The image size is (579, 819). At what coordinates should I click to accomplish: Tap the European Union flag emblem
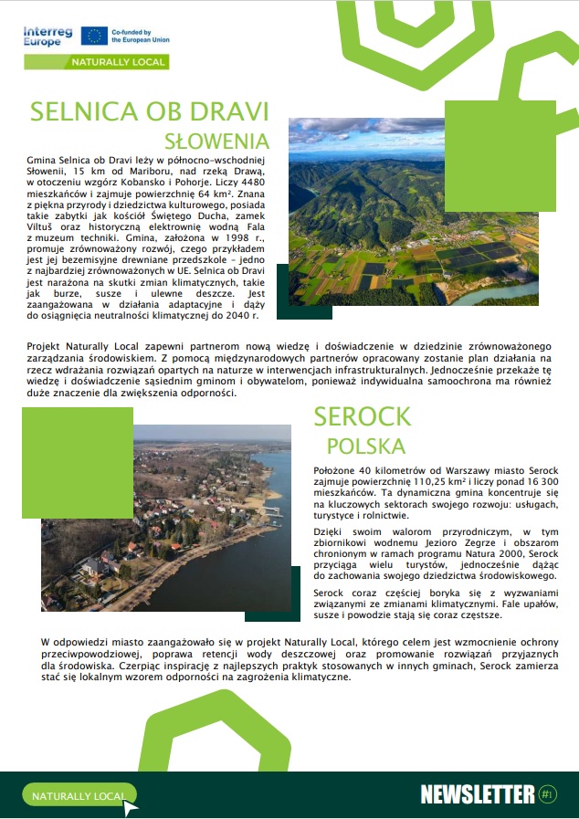pyautogui.click(x=93, y=36)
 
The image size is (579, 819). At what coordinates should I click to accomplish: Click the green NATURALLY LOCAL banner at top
pyautogui.click(x=119, y=61)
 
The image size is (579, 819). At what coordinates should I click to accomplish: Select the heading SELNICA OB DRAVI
pyautogui.click(x=150, y=111)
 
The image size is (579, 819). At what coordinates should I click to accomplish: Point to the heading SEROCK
pyautogui.click(x=362, y=417)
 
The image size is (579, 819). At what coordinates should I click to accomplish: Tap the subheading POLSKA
pyautogui.click(x=365, y=446)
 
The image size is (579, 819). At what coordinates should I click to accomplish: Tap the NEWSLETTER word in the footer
pyautogui.click(x=477, y=794)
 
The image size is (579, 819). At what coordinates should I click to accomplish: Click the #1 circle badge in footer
pyautogui.click(x=547, y=793)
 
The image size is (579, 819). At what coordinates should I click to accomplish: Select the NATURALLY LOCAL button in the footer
pyautogui.click(x=79, y=796)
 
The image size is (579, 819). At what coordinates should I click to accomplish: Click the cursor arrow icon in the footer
pyautogui.click(x=132, y=806)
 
